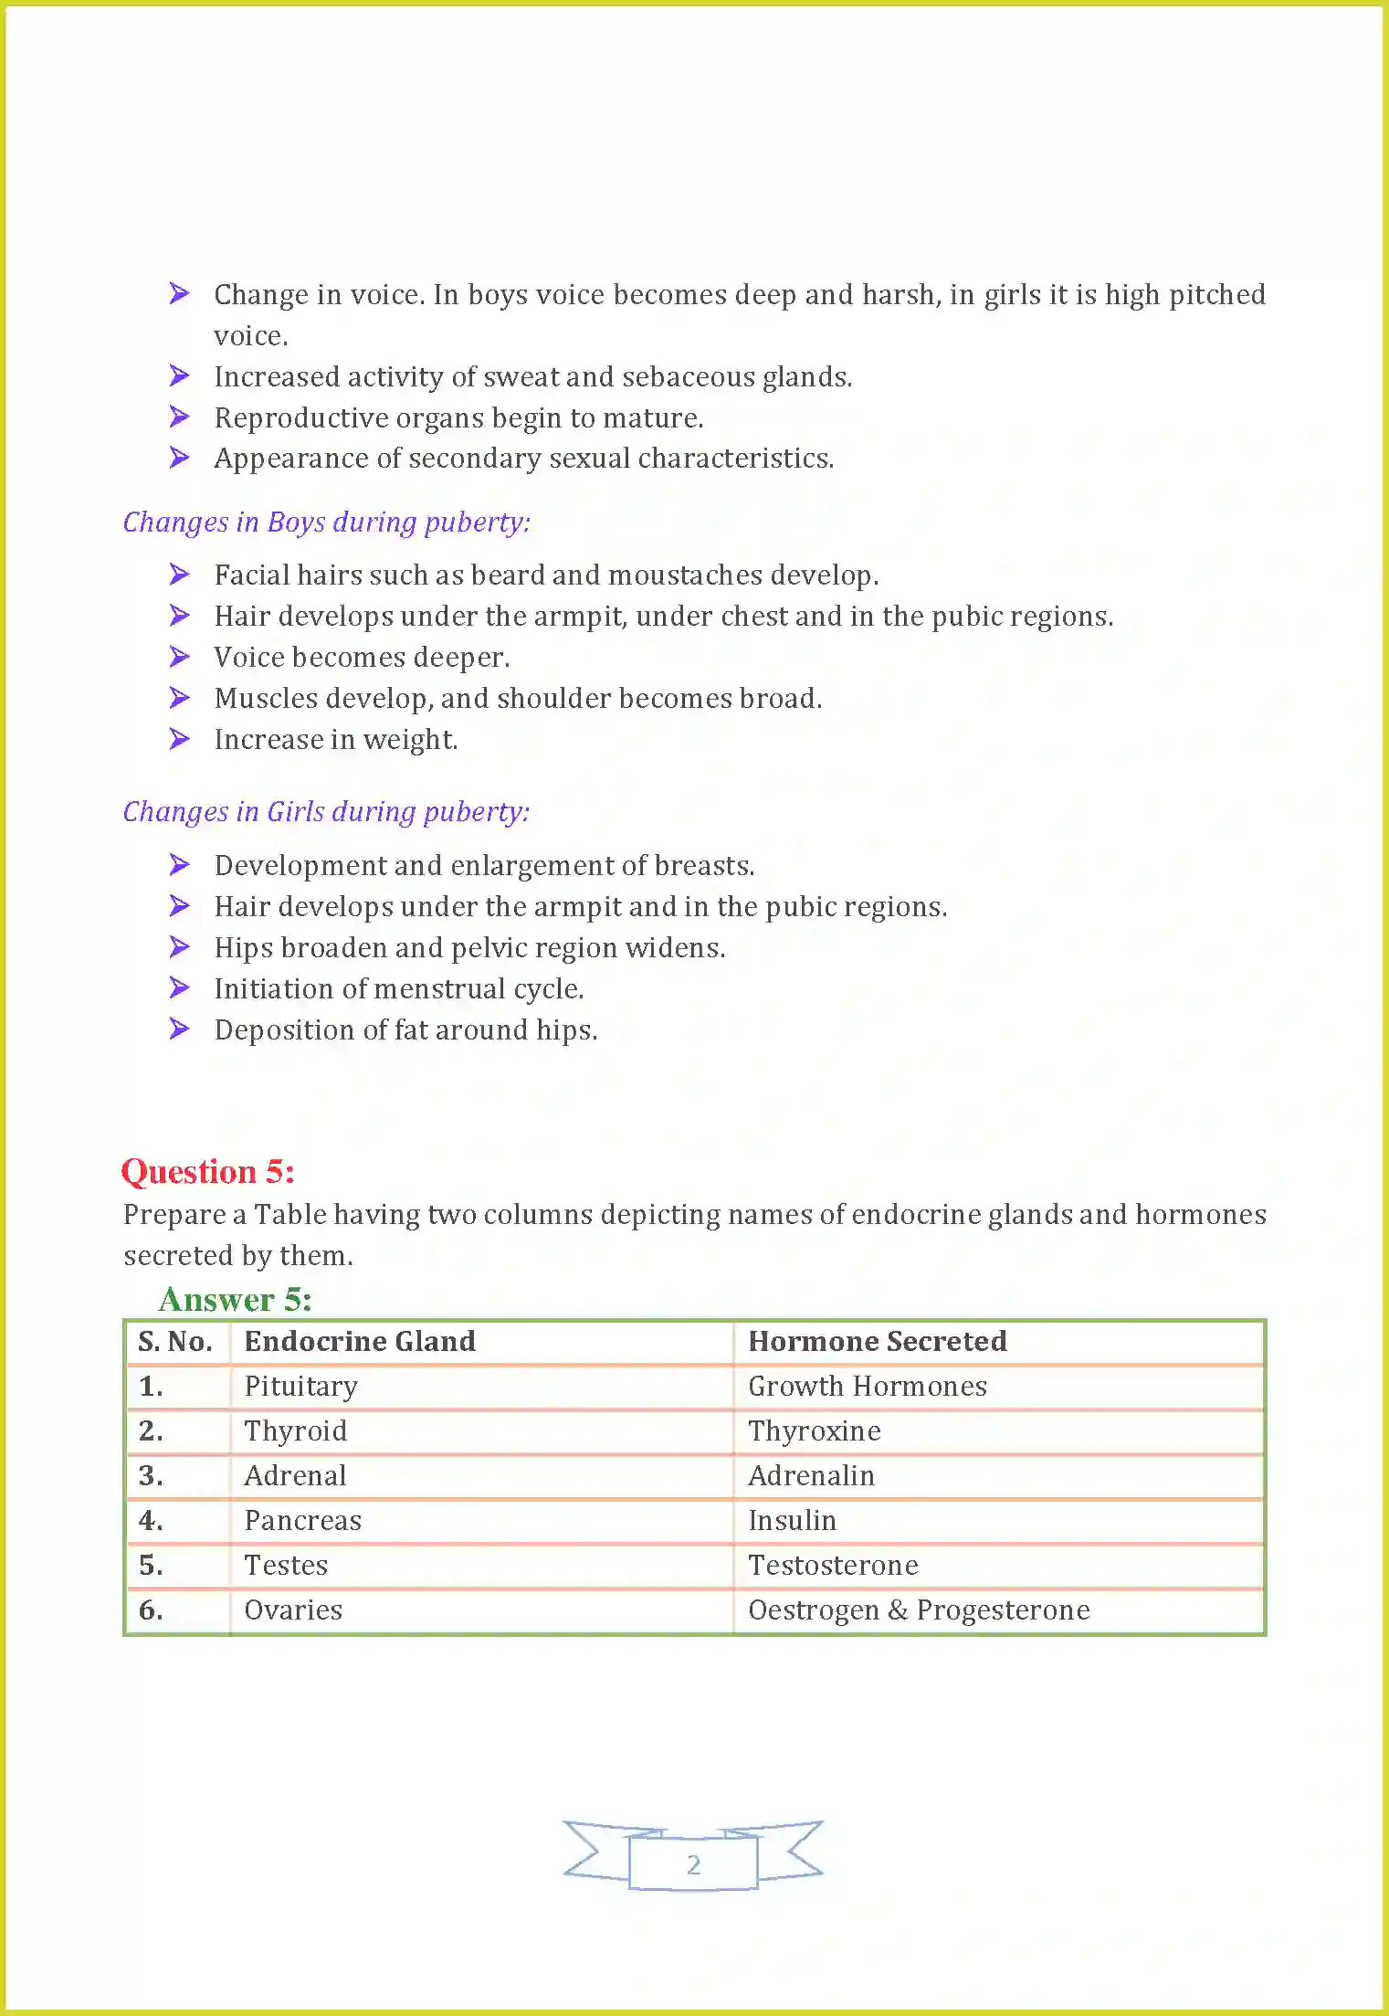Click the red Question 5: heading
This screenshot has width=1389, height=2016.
coord(208,1172)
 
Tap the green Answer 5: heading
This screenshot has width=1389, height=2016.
coord(235,1299)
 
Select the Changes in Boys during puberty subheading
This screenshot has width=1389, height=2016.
coord(326,522)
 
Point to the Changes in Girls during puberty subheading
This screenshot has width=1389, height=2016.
coord(326,811)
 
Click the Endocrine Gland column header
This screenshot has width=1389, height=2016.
coord(360,1341)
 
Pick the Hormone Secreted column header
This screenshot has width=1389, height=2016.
coord(877,1341)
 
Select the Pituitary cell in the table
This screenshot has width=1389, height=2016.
coord(300,1387)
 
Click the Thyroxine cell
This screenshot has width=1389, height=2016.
coord(815,1431)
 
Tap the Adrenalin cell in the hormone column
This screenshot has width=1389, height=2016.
coord(811,1476)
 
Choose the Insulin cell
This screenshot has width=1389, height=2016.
coord(792,1521)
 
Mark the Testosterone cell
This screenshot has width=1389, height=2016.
coord(833,1566)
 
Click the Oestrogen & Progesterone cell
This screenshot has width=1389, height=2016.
coord(919,1610)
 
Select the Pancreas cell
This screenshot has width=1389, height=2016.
coord(302,1521)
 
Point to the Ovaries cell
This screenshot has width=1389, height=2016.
coord(293,1610)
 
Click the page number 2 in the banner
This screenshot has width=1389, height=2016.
coord(693,1864)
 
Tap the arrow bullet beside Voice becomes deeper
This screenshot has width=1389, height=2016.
coord(180,657)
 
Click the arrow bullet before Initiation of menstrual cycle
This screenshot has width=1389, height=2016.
coord(180,988)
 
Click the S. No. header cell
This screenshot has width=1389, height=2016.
coord(175,1341)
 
